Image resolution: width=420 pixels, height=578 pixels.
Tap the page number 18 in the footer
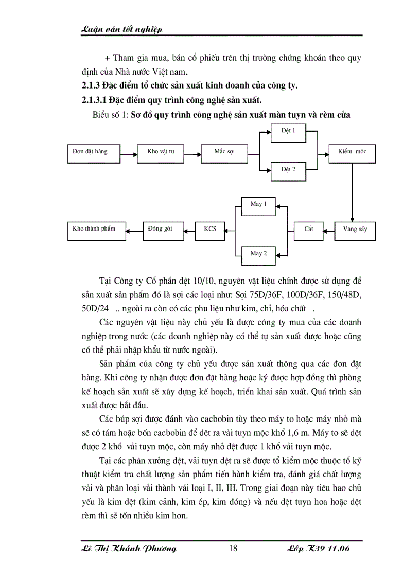[233, 549]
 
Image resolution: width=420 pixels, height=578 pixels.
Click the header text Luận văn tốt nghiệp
[122, 30]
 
